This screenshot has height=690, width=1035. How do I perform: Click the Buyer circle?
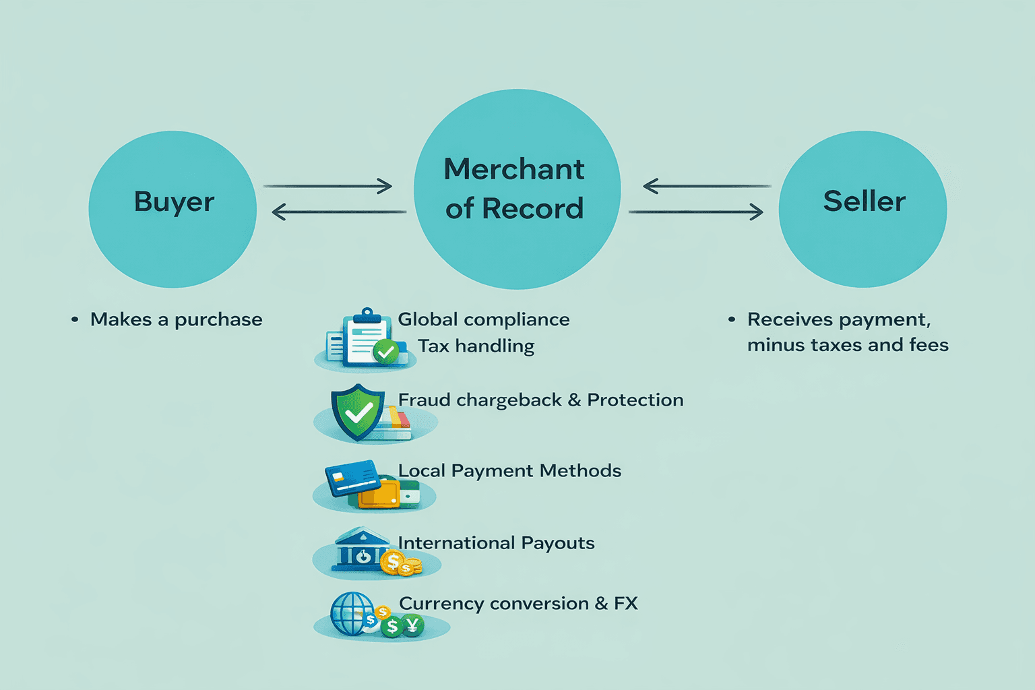tap(172, 209)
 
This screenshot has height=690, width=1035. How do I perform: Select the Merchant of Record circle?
tap(517, 189)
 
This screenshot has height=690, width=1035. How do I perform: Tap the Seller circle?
tap(862, 209)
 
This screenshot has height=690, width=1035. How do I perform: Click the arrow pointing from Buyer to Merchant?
tap(327, 186)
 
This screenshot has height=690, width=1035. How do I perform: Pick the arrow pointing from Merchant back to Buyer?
tap(338, 212)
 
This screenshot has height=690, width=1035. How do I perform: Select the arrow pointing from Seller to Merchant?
tap(707, 186)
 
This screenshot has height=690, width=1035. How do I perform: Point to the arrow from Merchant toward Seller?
tap(695, 212)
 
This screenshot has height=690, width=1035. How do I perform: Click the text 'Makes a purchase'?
tap(176, 319)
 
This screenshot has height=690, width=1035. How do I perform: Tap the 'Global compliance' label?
tap(483, 319)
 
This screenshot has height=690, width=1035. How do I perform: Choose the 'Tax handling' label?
tap(476, 346)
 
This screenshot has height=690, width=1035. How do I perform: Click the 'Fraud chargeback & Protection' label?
tap(540, 400)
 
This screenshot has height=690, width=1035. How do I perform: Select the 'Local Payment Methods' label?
tap(509, 470)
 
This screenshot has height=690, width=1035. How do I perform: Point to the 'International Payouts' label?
tap(496, 543)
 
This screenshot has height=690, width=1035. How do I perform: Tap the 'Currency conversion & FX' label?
tap(517, 604)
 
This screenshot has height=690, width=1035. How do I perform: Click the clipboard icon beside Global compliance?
tap(365, 340)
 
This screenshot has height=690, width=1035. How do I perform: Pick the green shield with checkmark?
tap(357, 412)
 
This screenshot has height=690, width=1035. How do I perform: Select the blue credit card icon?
tap(352, 478)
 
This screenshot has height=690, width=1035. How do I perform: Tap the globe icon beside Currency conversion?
tap(351, 614)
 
